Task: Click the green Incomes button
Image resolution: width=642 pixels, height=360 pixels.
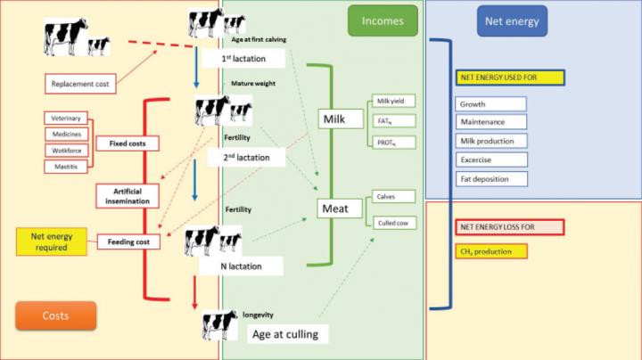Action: [x=382, y=20]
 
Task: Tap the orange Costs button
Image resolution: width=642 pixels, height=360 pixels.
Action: [x=55, y=315]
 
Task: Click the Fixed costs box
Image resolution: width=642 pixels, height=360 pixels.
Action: [x=128, y=143]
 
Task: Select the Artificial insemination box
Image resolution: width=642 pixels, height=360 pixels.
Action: [x=128, y=196]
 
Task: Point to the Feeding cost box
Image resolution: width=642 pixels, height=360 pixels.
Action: [x=128, y=241]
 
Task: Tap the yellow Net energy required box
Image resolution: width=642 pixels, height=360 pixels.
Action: [x=50, y=241]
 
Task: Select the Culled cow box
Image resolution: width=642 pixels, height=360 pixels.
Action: [x=392, y=223]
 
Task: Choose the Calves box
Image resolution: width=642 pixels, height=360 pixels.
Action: [x=392, y=196]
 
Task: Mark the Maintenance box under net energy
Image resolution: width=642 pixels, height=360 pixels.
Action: [x=490, y=122]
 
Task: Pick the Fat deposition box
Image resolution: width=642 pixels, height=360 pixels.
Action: [x=490, y=178]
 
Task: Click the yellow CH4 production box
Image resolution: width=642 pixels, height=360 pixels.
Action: [x=490, y=251]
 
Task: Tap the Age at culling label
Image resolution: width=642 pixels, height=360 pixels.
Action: [x=288, y=334]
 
